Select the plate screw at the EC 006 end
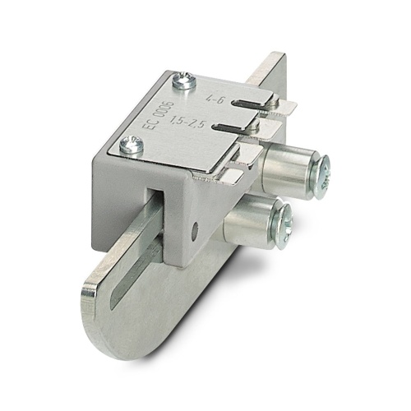(129, 145)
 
